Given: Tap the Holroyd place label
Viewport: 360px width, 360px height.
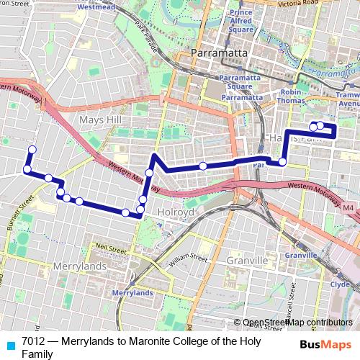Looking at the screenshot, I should coord(176,213).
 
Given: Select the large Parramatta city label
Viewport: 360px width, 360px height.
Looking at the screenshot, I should coord(220,53).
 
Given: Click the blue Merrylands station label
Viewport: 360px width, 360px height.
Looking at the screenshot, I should coord(132,293).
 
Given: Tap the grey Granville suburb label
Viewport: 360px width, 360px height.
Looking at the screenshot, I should coord(246,260).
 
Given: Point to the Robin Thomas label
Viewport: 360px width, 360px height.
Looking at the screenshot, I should coord(292,97).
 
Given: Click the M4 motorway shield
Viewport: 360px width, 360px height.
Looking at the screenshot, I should coord(348,208).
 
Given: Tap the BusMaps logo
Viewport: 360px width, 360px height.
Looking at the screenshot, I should coord(325,343).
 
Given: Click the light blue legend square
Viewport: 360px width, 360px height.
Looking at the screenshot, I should coord(9,345).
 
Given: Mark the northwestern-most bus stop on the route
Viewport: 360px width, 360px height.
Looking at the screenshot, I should coord(32,150).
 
